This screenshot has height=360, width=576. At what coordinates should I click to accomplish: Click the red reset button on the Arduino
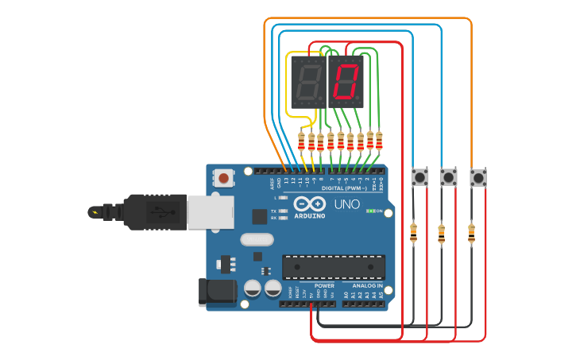pyautogui.click(x=226, y=178)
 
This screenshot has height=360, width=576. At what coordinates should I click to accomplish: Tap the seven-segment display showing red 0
pyautogui.click(x=346, y=82)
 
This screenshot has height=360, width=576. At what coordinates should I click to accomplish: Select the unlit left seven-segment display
pyautogui.click(x=307, y=82)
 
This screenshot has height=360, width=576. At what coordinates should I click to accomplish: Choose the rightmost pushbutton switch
pyautogui.click(x=477, y=176)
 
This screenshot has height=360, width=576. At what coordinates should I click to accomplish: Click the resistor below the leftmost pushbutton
pyautogui.click(x=413, y=233)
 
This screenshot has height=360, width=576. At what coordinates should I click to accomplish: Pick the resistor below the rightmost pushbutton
pyautogui.click(x=471, y=233)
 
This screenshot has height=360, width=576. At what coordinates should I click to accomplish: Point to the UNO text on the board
pyautogui.click(x=345, y=206)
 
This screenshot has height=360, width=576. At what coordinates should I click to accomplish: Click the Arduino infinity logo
pyautogui.click(x=310, y=203)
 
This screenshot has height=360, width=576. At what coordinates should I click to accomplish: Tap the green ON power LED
pyautogui.click(x=369, y=211)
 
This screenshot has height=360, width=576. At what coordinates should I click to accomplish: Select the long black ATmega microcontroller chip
pyautogui.click(x=334, y=266)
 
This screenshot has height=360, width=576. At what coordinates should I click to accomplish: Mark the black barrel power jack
pyautogui.click(x=218, y=291)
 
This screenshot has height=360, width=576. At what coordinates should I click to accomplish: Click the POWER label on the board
pyautogui.click(x=324, y=285)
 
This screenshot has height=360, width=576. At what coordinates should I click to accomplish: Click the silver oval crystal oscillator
pyautogui.click(x=256, y=239)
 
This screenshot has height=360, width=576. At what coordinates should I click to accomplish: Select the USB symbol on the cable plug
pyautogui.click(x=159, y=212)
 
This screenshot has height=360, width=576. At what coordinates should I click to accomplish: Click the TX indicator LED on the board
pyautogui.click(x=283, y=211)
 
